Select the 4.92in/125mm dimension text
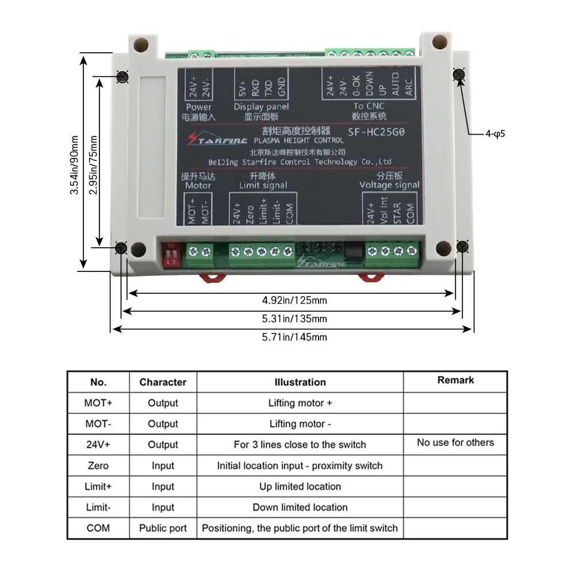[294, 300]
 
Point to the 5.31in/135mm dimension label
[294, 319]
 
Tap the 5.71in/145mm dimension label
[294, 337]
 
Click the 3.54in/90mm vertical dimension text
[74, 164]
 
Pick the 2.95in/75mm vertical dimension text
[93, 164]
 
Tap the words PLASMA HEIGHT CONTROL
[298, 140]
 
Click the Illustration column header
[300, 382]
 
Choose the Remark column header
[455, 380]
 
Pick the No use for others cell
[455, 442]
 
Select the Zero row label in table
[98, 465]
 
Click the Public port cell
[163, 528]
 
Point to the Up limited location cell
[300, 486]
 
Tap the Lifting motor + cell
[300, 403]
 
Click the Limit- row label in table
[98, 507]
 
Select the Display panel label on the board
[261, 107]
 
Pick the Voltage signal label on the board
[389, 185]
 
